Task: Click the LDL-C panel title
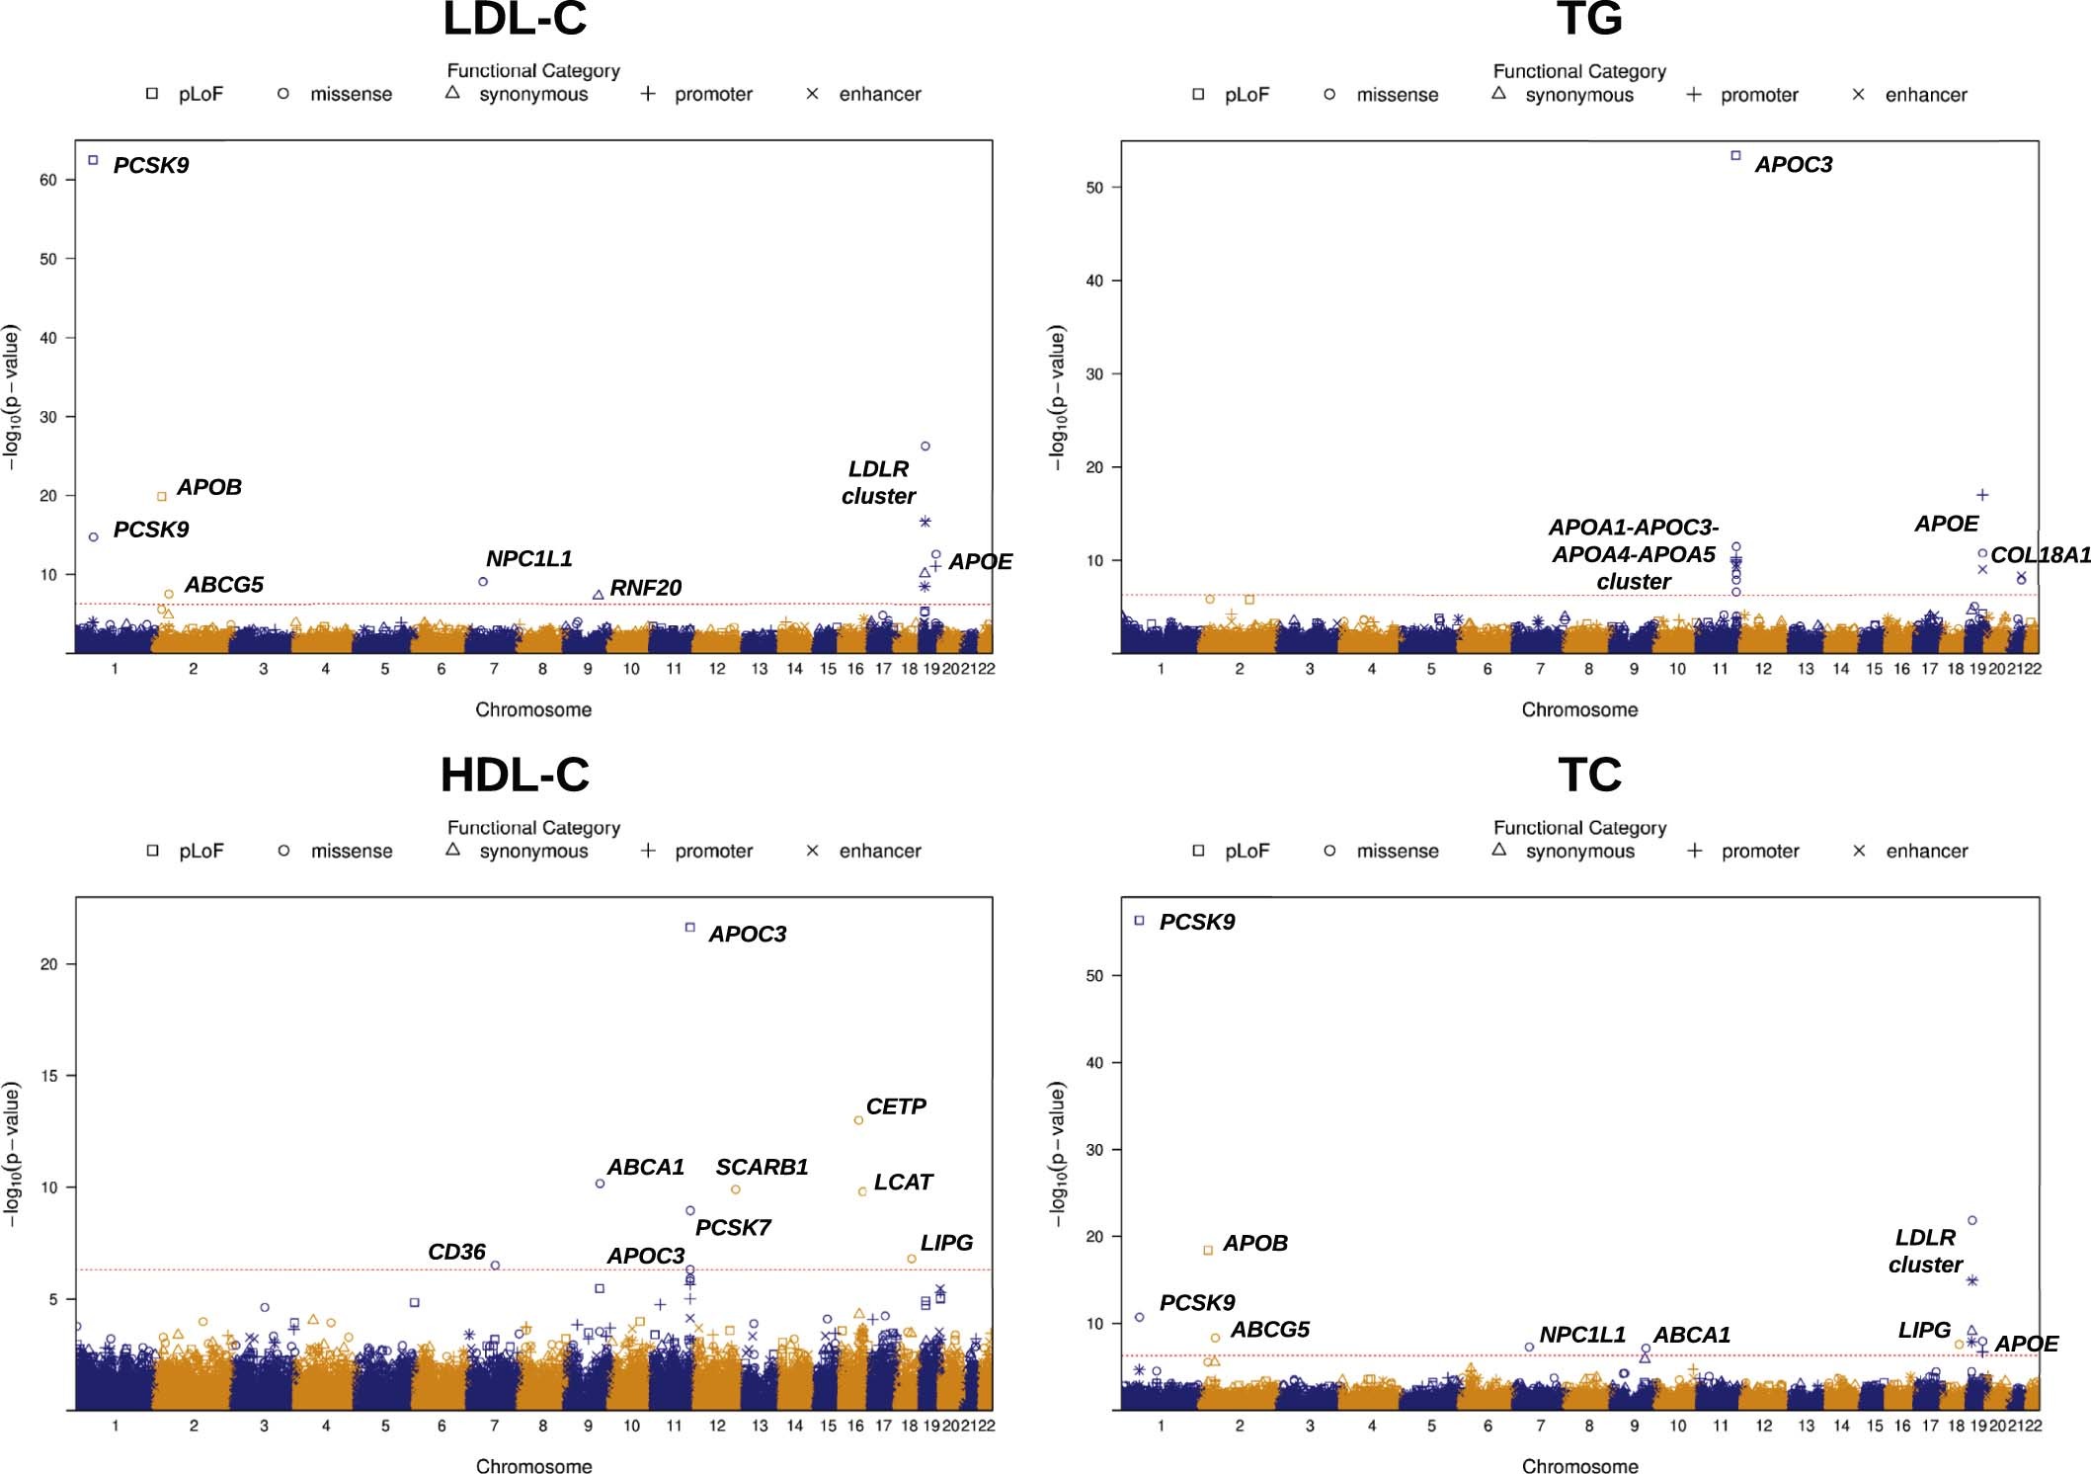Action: [x=515, y=20]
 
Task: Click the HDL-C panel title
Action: [x=515, y=775]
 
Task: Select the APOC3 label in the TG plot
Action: [x=1793, y=165]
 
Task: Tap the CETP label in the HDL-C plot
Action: [x=896, y=1106]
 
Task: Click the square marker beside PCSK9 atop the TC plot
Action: [x=1139, y=920]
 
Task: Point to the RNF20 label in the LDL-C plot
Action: [x=645, y=588]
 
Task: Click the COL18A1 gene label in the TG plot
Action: [x=2040, y=555]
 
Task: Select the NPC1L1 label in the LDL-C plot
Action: [x=528, y=559]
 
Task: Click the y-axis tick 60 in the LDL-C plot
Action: [x=48, y=180]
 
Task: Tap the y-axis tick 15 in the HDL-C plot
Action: [x=48, y=1076]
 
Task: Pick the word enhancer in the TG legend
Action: [x=1925, y=96]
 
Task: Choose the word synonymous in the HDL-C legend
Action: [x=533, y=852]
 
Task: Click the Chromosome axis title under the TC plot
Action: [x=1579, y=1466]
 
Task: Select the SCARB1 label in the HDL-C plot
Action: [x=762, y=1168]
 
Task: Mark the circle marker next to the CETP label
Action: [x=858, y=1120]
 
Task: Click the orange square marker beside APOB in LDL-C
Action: [x=162, y=497]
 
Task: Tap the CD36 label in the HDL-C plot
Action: [x=456, y=1253]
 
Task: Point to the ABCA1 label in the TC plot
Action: [x=1691, y=1336]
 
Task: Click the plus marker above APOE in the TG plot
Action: [x=1981, y=495]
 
